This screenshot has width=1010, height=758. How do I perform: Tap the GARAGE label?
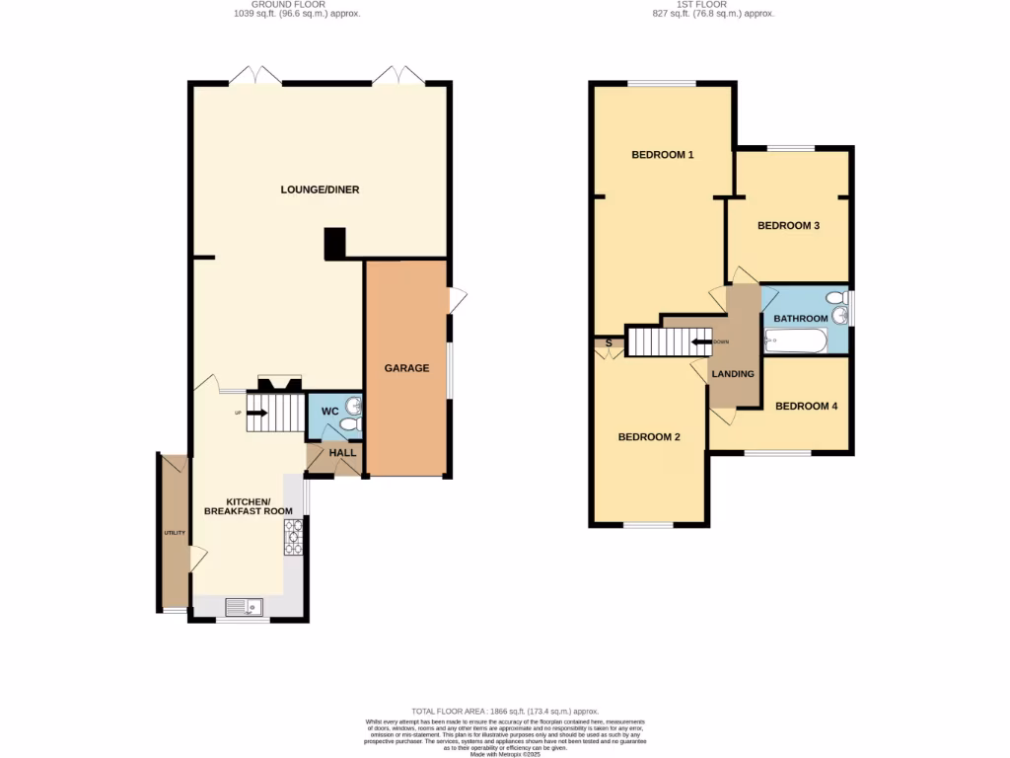coord(406,368)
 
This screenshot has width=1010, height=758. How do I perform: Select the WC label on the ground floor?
coord(330,411)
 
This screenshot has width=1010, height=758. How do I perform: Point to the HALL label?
coord(342,452)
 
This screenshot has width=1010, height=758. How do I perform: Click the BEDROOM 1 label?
coord(663,155)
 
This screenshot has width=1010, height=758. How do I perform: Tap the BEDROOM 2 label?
coord(649,437)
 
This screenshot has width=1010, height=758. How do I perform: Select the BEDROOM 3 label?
coord(788,226)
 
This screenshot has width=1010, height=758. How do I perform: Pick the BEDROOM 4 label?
coord(806,406)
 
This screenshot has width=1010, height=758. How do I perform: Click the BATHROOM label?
coord(800,319)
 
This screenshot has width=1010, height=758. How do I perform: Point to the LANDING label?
coord(733,374)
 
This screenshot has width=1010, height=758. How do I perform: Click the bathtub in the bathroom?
coord(797,341)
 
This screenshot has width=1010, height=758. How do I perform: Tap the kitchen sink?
coord(243,606)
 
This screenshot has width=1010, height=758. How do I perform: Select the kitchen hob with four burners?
coord(293,537)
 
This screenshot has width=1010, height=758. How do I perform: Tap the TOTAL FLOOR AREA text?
coord(505,711)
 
